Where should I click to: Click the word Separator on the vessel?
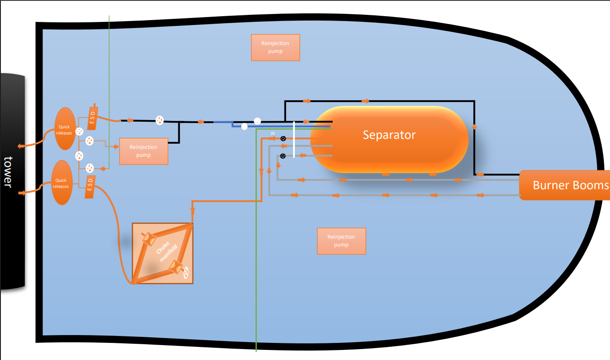coord(389,135)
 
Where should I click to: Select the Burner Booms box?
coord(564,185)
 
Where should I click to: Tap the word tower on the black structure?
coord(7,172)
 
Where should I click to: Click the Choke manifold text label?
coord(163,253)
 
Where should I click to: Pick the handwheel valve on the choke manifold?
coord(186,272)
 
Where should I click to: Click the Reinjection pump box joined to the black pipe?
coord(143,152)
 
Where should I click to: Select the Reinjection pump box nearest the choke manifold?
coord(341,241)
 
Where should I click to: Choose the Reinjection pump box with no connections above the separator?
coord(275,47)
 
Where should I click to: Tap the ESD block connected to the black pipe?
coord(92,118)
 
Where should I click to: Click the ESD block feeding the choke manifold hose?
coord(90,187)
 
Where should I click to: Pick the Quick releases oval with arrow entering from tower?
coord(61,183)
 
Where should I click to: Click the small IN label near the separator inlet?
coord(273,133)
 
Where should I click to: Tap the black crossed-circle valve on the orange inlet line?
coord(283,139)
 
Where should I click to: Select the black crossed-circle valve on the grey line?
coord(283,156)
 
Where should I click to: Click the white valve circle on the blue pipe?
coord(245,127)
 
